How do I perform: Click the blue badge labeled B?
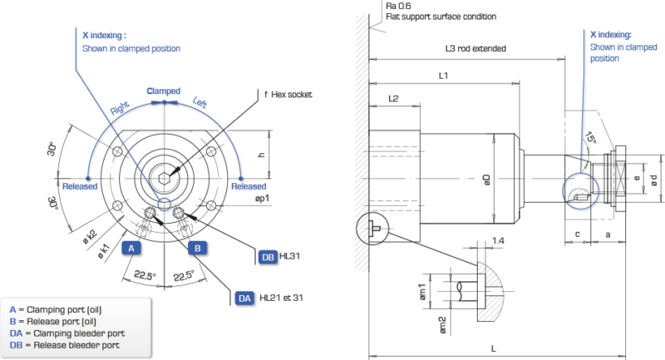coord(198,248)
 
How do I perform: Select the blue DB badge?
coord(268,258)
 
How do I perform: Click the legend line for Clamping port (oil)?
coord(62,310)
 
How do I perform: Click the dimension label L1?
coord(443,76)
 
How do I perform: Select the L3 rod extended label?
coord(477,49)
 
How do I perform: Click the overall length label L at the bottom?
coord(495,346)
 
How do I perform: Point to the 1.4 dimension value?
coord(498,239)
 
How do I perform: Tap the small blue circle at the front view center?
coord(164,204)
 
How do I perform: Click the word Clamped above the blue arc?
coord(163,90)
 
